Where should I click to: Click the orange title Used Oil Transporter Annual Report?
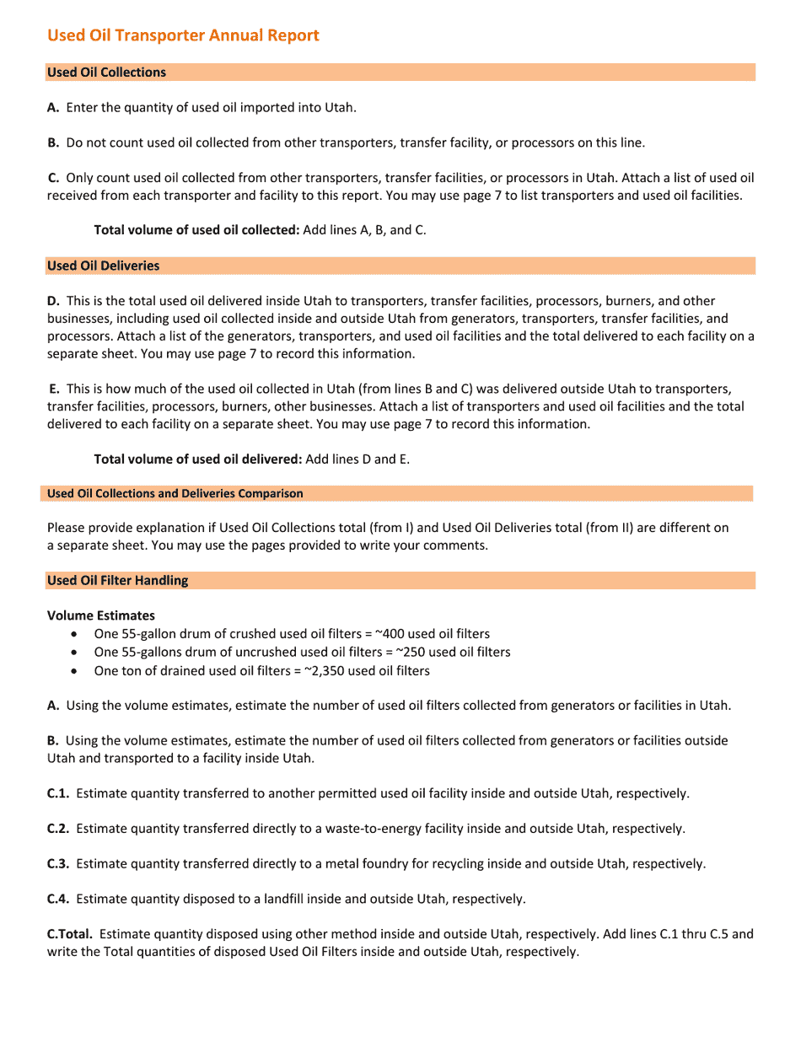(x=183, y=35)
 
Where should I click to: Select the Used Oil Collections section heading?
(x=106, y=73)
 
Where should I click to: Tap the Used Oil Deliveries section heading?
(x=103, y=266)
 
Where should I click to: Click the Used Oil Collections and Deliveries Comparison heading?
(x=175, y=493)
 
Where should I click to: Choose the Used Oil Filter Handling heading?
(x=117, y=580)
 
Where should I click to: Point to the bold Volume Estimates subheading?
(x=100, y=615)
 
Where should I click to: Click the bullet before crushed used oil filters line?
(x=78, y=634)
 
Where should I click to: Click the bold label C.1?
(x=58, y=793)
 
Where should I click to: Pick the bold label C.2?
(x=58, y=829)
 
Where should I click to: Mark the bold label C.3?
(x=58, y=864)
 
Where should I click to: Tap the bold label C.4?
(x=58, y=899)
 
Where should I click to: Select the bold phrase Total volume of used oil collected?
(x=196, y=229)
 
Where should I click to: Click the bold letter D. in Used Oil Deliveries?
(x=53, y=301)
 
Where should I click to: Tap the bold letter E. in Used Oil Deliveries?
(x=55, y=389)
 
